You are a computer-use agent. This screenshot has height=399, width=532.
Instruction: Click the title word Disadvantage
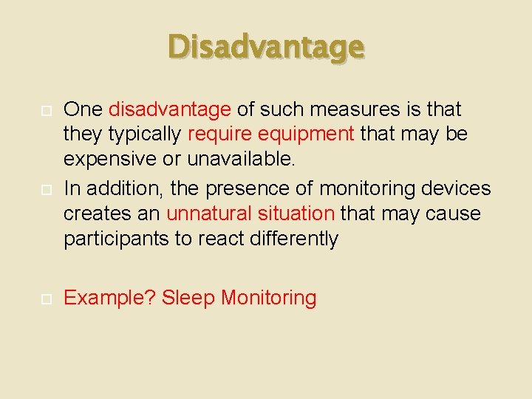(266, 48)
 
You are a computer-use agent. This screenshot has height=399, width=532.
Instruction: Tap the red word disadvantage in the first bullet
(170, 110)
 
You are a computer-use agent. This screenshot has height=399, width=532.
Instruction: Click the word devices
(456, 188)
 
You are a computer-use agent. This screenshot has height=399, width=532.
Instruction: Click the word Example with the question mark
(110, 299)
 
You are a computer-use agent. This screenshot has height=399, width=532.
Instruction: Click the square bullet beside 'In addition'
(45, 189)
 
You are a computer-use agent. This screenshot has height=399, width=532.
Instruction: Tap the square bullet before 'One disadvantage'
(45, 111)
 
